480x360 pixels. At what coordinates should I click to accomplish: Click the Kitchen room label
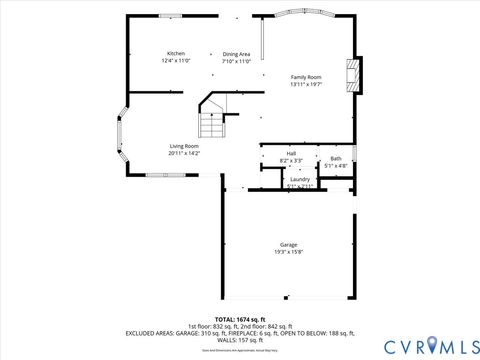click(x=176, y=53)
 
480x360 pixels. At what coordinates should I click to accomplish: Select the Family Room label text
click(x=306, y=77)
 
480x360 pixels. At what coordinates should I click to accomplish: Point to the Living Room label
click(x=184, y=146)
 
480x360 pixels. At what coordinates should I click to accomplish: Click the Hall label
click(x=289, y=153)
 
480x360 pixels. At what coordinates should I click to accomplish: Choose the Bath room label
click(x=336, y=158)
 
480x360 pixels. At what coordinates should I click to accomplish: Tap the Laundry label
click(x=300, y=179)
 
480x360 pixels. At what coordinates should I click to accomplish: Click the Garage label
click(x=288, y=244)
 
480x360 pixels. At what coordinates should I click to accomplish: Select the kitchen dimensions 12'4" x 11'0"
click(x=176, y=61)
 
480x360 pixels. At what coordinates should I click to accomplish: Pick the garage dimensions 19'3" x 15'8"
click(x=288, y=252)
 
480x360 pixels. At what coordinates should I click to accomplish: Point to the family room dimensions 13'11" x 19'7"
click(x=306, y=85)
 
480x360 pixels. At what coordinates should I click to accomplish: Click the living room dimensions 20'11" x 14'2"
click(x=184, y=154)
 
